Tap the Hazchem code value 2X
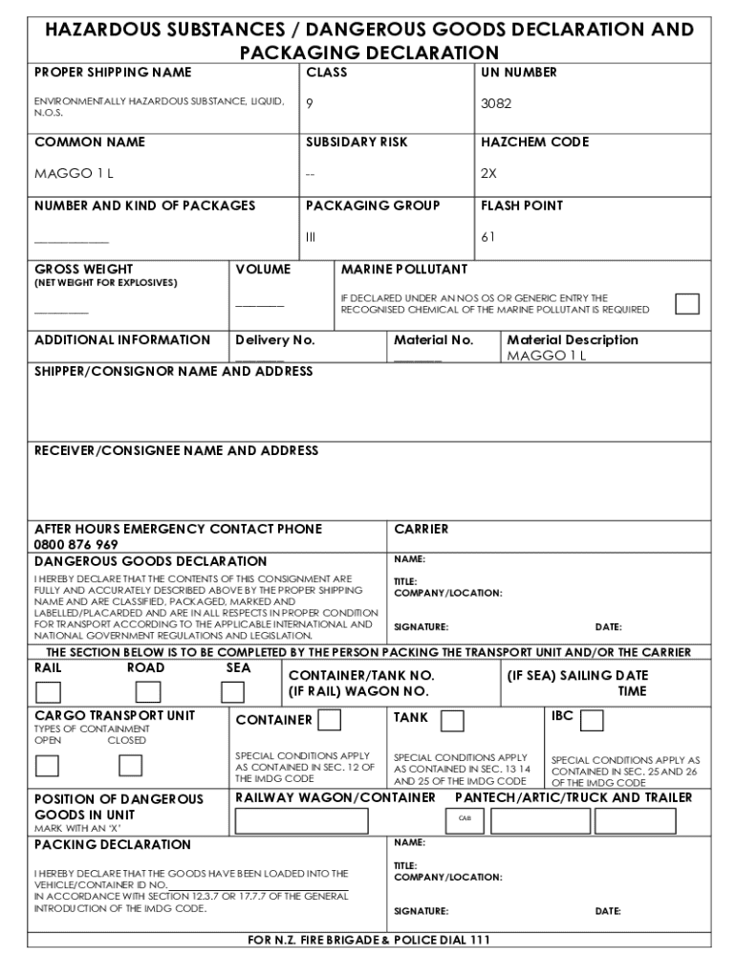pyautogui.click(x=488, y=174)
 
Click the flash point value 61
pyautogui.click(x=487, y=237)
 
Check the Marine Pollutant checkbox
pyautogui.click(x=686, y=304)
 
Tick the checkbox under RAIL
pyautogui.click(x=48, y=691)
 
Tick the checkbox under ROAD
pyautogui.click(x=149, y=691)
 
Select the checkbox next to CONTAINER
pyautogui.click(x=330, y=719)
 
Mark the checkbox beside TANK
pyautogui.click(x=452, y=720)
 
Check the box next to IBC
pyautogui.click(x=592, y=720)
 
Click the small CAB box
pyautogui.click(x=465, y=818)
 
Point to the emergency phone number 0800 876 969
pyautogui.click(x=76, y=545)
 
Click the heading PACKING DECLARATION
pyautogui.click(x=113, y=845)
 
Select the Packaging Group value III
pyautogui.click(x=310, y=237)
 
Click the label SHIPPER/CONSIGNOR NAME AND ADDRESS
pyautogui.click(x=173, y=371)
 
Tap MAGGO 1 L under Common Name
pyautogui.click(x=74, y=174)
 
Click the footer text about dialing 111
pyautogui.click(x=369, y=940)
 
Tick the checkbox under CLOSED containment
pyautogui.click(x=130, y=766)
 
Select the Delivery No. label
pyautogui.click(x=275, y=340)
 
